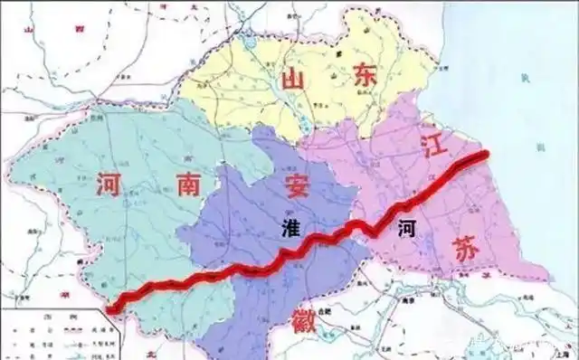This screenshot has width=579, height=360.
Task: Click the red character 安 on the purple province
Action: click(x=297, y=187)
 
